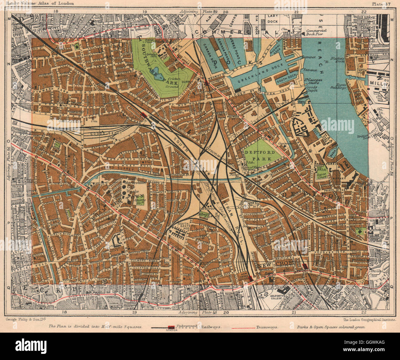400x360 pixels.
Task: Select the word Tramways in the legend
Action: pos(267,327)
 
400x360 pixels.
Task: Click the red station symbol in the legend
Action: pos(171,327)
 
